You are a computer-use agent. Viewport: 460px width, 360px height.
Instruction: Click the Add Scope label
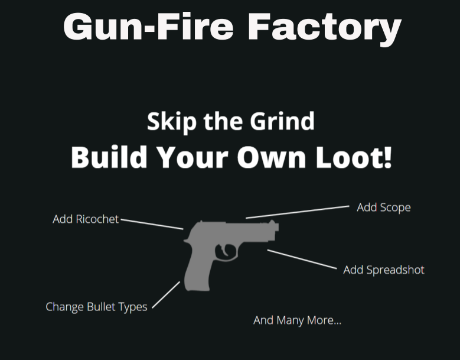pos(383,207)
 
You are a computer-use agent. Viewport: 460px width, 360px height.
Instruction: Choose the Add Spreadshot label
pos(384,270)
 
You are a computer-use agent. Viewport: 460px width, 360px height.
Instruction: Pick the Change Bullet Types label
pos(96,307)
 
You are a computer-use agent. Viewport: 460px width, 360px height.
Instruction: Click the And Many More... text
pos(297,320)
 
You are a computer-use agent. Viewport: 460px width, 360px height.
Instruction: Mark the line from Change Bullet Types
pos(166,294)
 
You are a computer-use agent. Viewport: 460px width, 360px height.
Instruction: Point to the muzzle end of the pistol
pos(276,230)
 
